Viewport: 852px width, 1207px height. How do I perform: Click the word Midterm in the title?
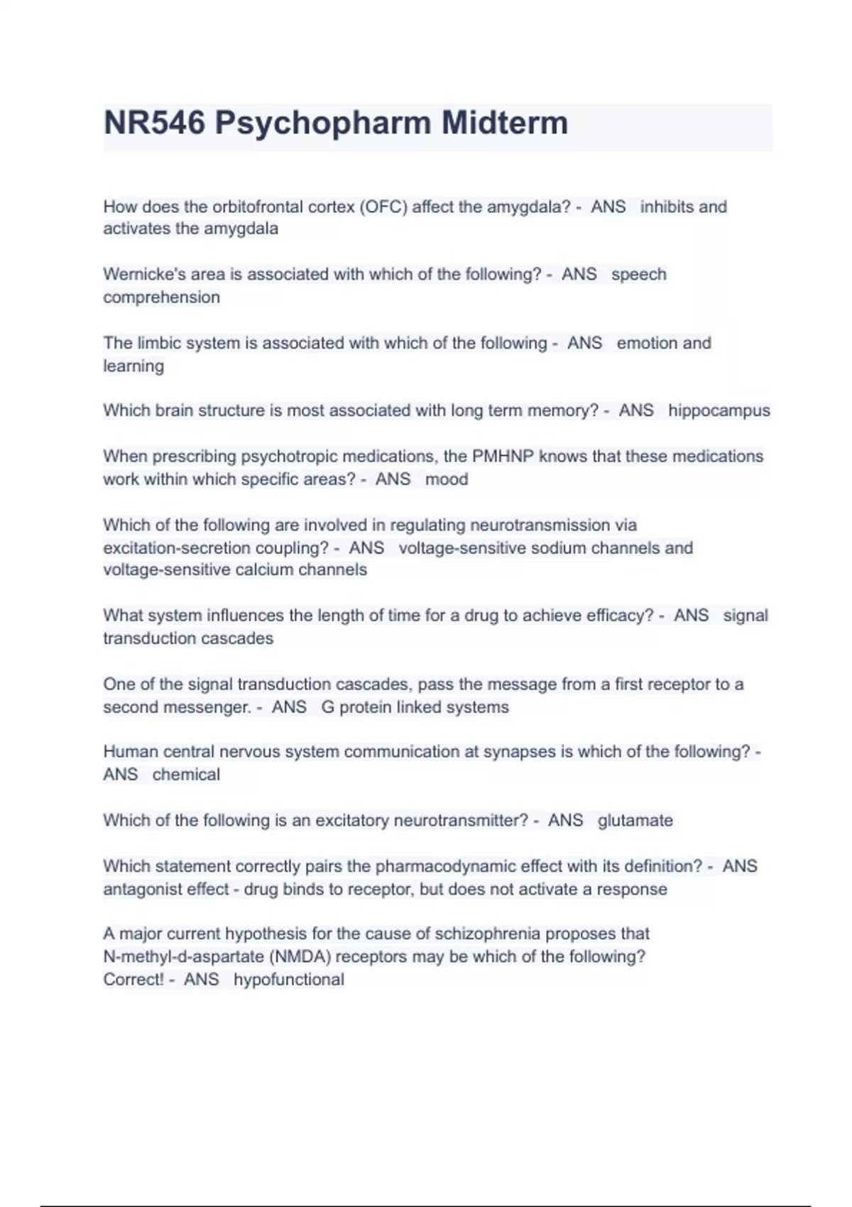coord(505,123)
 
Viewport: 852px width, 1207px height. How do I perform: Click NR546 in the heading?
coord(155,123)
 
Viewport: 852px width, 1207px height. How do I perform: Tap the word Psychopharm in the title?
coord(323,123)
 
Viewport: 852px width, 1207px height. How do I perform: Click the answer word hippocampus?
coord(719,410)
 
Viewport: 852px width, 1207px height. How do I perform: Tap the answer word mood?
coord(447,479)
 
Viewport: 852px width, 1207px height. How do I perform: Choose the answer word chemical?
coord(186,775)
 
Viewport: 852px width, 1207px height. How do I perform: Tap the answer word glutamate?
coord(635,821)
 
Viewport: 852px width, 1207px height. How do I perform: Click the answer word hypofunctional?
coord(288,980)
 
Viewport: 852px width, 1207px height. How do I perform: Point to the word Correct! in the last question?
coord(133,980)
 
